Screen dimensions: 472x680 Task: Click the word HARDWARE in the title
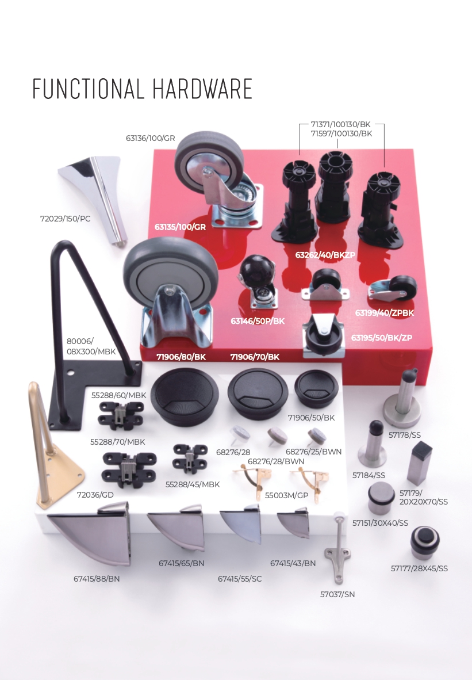[202, 89]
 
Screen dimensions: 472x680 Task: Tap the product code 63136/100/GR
[151, 138]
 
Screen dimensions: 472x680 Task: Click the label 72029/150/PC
[66, 219]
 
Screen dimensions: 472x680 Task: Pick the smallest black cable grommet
[316, 388]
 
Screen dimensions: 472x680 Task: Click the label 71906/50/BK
[311, 418]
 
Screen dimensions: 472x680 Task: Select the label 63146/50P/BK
[258, 321]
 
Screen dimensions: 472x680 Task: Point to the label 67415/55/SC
[240, 579]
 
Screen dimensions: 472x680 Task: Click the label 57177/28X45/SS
[419, 568]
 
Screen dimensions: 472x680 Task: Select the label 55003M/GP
[286, 495]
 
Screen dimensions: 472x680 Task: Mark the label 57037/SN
[337, 594]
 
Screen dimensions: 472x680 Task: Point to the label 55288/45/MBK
[193, 484]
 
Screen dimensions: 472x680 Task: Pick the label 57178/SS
[404, 435]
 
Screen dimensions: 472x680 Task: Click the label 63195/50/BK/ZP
[381, 338]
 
